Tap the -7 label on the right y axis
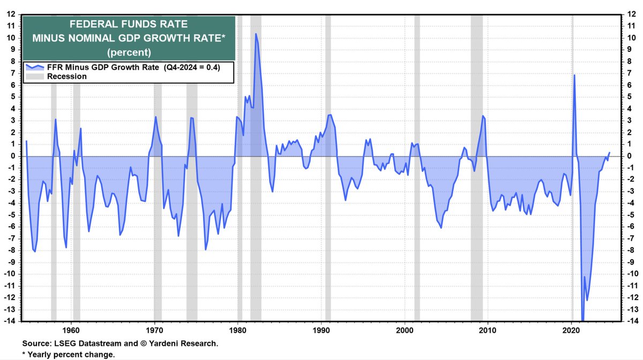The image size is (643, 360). [x=632, y=238]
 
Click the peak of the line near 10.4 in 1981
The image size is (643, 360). [x=256, y=34]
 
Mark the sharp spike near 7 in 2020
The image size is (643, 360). [x=574, y=75]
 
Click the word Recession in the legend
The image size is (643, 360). [x=67, y=77]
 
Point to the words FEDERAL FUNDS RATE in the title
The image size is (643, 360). [x=129, y=25]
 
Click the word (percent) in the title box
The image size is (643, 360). [x=129, y=52]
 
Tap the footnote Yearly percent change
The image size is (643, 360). [x=72, y=355]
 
